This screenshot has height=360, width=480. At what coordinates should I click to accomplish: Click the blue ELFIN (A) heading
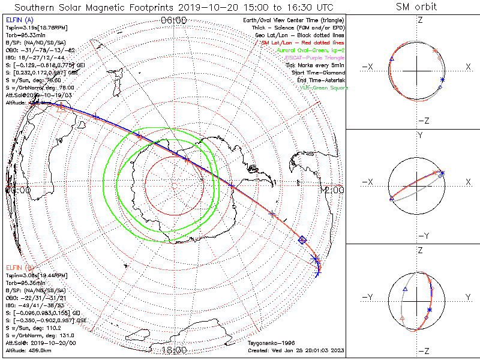click(x=19, y=20)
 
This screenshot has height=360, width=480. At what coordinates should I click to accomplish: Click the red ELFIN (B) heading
click(x=19, y=267)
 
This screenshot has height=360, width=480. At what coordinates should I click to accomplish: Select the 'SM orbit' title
click(x=416, y=7)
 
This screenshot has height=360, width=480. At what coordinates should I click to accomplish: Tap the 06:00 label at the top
click(x=174, y=20)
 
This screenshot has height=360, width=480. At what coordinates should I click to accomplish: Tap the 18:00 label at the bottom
click(x=174, y=349)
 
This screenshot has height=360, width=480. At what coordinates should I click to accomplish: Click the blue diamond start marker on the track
click(x=302, y=240)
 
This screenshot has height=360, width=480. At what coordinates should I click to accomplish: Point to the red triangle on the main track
click(x=61, y=108)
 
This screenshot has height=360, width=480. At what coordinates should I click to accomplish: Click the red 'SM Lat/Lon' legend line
click(x=301, y=44)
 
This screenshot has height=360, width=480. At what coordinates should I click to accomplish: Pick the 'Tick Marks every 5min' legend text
click(x=316, y=65)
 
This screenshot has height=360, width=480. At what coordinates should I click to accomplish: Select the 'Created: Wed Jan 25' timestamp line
click(x=295, y=349)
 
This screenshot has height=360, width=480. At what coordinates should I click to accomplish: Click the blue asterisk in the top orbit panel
click(x=442, y=80)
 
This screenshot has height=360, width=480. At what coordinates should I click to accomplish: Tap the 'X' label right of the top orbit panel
click(x=468, y=67)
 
